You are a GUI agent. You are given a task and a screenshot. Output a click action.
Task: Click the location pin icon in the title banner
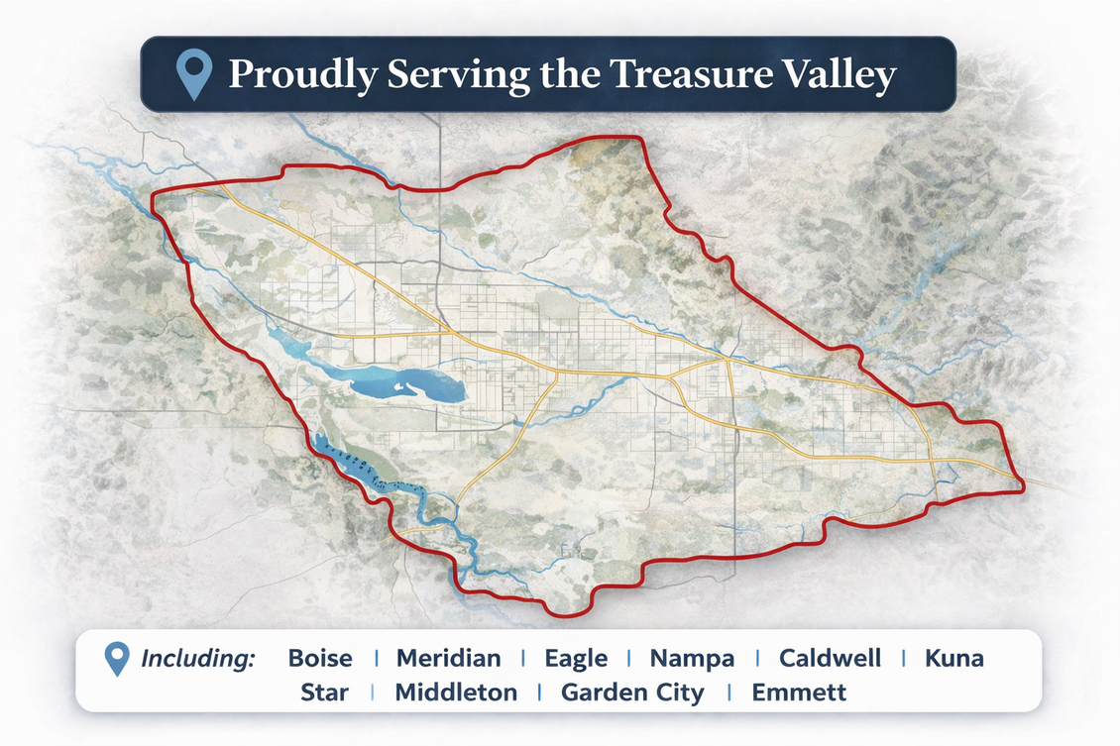coord(192,74)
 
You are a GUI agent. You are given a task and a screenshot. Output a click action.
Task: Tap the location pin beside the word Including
coord(117,659)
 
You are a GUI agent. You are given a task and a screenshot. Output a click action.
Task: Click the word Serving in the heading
coord(434,76)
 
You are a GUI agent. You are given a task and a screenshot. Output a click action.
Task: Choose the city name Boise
coord(319,659)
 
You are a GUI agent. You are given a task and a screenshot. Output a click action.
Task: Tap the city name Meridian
coord(448,659)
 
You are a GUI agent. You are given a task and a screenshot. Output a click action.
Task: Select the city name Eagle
coord(575,659)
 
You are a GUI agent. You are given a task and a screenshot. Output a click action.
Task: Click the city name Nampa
coord(692,659)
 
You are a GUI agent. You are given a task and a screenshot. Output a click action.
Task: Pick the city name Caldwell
coord(829,659)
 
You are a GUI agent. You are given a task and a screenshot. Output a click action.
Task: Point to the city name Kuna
coord(952,659)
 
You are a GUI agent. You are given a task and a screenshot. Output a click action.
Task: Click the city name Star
coord(324,693)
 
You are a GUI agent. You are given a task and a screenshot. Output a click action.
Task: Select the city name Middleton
coord(456,693)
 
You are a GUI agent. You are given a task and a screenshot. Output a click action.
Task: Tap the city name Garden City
coord(632,693)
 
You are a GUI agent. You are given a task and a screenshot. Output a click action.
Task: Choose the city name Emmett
coord(799,693)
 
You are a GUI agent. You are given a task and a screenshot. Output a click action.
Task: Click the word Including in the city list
coord(198,659)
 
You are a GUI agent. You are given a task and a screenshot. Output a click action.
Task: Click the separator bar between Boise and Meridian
coord(376,659)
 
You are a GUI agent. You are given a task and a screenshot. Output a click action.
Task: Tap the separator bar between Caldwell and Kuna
coord(903,659)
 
